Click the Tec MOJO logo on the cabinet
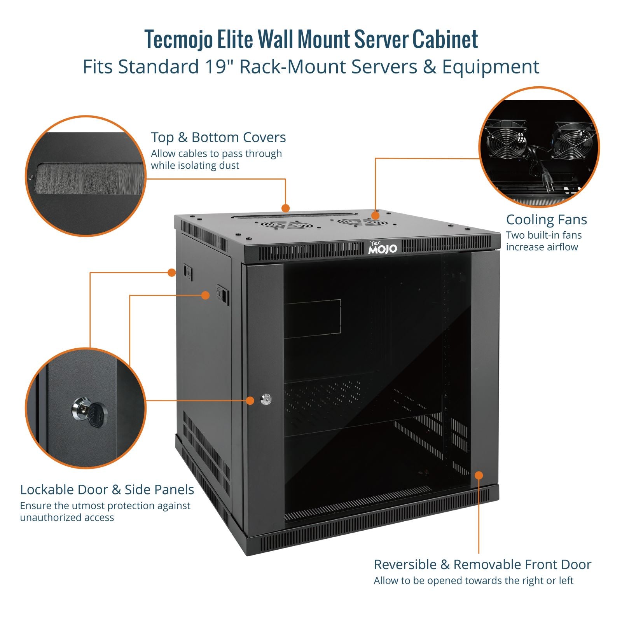383,247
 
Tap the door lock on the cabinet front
266,399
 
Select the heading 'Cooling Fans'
546,220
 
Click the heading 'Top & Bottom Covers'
218,137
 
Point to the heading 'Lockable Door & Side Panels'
107,489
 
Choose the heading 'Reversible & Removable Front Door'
482,564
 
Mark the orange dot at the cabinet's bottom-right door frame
479,475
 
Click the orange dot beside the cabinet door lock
251,400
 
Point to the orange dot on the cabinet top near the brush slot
286,208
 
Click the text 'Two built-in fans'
543,235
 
